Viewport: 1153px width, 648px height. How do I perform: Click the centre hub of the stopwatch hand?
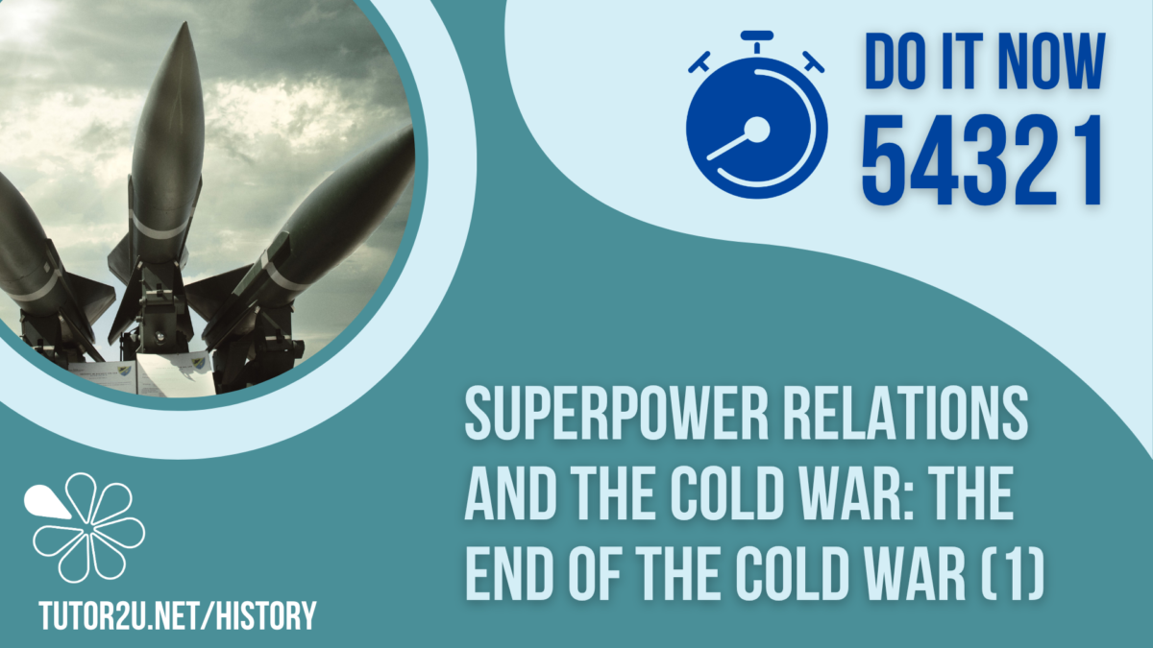coord(758,129)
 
